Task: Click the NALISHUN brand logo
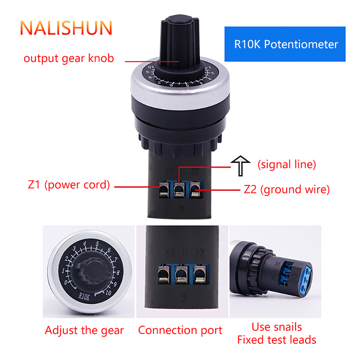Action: (x=66, y=28)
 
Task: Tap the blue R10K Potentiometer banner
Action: (x=285, y=44)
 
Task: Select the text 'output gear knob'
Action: (x=69, y=58)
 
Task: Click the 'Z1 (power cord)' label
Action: (x=69, y=185)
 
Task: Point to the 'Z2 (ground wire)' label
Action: (x=287, y=189)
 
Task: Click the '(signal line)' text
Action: (x=287, y=165)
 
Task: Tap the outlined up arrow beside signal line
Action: (x=240, y=166)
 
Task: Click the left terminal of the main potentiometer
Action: (x=164, y=189)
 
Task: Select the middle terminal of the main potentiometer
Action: (x=179, y=189)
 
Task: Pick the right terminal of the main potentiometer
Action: (x=195, y=189)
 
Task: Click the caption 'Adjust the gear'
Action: (x=84, y=331)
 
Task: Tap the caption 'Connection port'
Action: (x=180, y=331)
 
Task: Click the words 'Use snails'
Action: (x=277, y=327)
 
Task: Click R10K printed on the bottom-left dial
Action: (x=84, y=297)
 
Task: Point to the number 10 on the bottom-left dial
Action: (x=108, y=292)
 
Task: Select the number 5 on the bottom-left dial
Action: (x=97, y=244)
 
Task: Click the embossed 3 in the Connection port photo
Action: (x=184, y=297)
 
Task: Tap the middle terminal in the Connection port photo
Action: (x=182, y=274)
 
